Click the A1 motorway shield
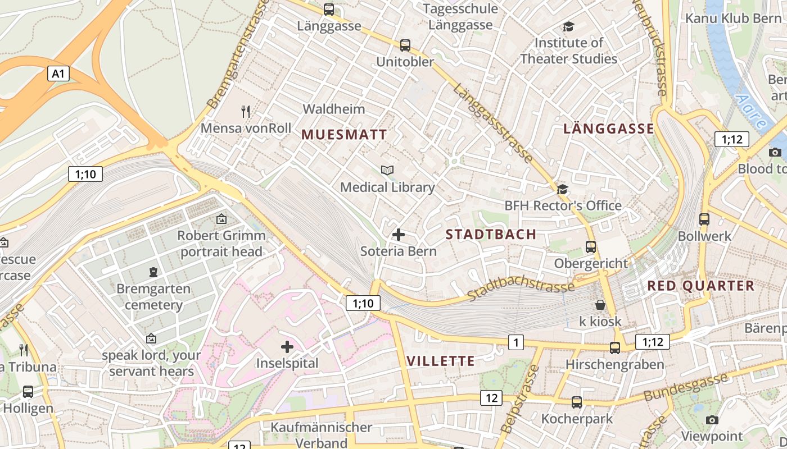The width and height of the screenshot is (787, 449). tap(58, 73)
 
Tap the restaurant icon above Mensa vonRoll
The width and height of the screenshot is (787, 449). tap(246, 111)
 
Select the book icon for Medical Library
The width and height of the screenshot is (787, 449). tap(387, 170)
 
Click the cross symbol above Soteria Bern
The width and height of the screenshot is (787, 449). tap(398, 234)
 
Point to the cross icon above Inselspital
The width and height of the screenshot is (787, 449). tap(287, 346)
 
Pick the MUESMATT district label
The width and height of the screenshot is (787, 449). tap(344, 135)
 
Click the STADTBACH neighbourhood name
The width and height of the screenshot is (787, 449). tap(491, 235)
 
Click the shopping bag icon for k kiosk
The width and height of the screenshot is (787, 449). tap(600, 305)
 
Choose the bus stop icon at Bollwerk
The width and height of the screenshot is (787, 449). tap(704, 219)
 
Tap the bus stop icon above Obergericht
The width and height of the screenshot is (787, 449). tap(591, 246)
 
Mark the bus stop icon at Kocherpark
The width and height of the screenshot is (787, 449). tap(577, 402)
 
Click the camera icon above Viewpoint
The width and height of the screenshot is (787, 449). tap(712, 420)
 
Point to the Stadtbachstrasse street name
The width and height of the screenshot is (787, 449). tap(521, 289)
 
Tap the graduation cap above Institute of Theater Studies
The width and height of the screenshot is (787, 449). tap(568, 26)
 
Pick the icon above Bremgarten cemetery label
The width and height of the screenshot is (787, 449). tap(153, 272)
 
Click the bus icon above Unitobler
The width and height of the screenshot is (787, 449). tap(405, 45)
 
